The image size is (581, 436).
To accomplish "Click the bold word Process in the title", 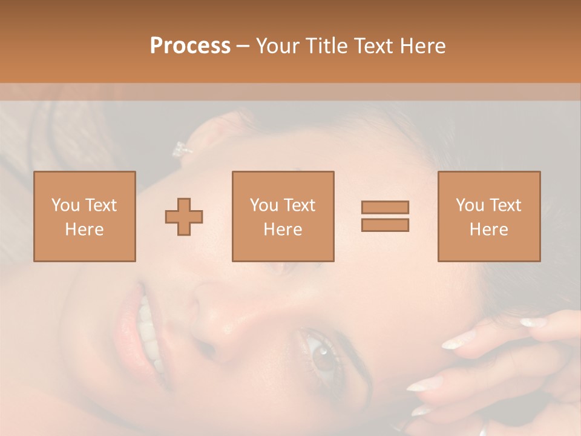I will (x=190, y=46).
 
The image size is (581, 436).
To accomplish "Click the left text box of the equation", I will (x=85, y=216).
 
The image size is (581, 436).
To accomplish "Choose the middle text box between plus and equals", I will (x=283, y=216).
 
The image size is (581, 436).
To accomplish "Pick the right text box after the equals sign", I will (x=488, y=216).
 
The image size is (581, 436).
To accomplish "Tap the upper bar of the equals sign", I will (x=385, y=207).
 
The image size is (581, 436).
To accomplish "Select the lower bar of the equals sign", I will (x=385, y=225).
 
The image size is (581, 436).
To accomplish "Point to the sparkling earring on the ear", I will (x=180, y=149).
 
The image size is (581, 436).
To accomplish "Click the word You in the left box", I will (x=64, y=205).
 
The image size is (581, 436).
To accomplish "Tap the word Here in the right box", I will (x=488, y=230).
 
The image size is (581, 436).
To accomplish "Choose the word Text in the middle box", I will (x=300, y=205).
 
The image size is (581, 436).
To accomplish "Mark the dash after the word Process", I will (x=243, y=46).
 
